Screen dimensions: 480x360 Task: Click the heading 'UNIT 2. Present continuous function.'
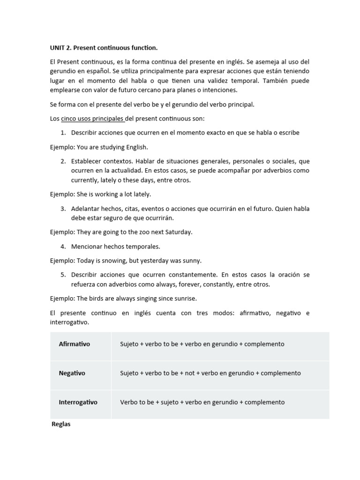pyautogui.click(x=104, y=48)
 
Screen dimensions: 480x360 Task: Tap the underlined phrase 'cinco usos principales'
pyautogui.click(x=92, y=119)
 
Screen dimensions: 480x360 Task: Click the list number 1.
pyautogui.click(x=63, y=133)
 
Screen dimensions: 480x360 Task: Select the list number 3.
pyautogui.click(x=63, y=209)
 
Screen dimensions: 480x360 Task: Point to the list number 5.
pyautogui.click(x=63, y=275)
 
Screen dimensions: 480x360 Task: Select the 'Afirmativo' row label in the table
pyautogui.click(x=75, y=344)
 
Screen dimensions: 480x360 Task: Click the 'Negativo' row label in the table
pyautogui.click(x=72, y=373)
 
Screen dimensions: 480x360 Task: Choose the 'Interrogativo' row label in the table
pyautogui.click(x=78, y=402)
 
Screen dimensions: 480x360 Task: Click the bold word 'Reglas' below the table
pyautogui.click(x=61, y=424)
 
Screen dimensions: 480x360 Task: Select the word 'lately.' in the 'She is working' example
pyautogui.click(x=141, y=194)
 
